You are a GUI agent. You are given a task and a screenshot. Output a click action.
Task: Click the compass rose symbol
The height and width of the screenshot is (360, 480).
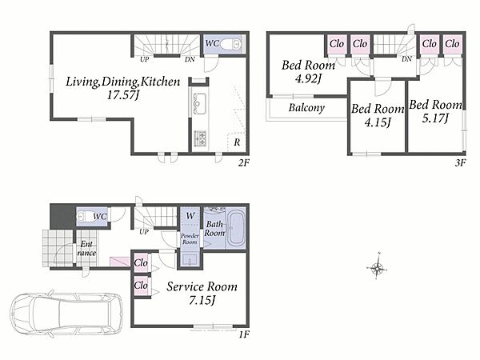tap(377, 268)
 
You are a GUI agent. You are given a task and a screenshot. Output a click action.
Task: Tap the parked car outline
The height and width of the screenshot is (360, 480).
tap(66, 313)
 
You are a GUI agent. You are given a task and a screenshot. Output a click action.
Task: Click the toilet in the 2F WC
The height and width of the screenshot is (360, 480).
tap(230, 45)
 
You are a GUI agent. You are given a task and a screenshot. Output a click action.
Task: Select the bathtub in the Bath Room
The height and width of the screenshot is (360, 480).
tap(236, 228)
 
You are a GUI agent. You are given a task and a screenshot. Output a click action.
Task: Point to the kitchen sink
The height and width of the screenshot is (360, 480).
tap(199, 103)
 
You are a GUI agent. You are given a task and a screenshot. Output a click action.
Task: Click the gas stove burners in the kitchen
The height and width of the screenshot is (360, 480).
tap(200, 138)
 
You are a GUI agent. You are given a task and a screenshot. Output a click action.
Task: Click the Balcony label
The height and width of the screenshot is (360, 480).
tap(306, 108)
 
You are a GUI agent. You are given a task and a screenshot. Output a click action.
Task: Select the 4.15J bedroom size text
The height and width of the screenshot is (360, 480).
tap(378, 122)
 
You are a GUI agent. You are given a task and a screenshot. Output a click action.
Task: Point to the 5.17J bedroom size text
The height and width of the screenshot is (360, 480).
tap(435, 118)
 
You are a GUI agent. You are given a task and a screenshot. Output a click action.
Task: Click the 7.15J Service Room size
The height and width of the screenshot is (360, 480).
tap(202, 300)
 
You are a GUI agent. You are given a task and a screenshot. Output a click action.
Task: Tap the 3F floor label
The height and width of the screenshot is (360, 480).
tap(460, 162)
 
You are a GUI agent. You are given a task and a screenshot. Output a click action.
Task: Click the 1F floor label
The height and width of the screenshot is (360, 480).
tap(244, 335)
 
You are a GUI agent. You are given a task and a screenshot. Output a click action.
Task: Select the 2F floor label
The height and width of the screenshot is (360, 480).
tap(244, 163)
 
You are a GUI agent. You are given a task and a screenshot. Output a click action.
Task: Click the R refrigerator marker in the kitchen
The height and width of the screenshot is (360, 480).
tap(237, 142)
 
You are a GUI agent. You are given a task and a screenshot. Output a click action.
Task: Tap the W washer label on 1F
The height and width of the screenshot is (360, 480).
tap(190, 216)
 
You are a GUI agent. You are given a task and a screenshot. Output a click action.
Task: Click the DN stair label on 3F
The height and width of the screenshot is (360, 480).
tap(406, 58)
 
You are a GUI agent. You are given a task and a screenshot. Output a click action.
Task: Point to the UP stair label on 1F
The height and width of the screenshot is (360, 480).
tap(144, 232)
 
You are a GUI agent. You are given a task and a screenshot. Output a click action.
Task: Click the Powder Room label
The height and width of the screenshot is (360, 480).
tap(190, 238)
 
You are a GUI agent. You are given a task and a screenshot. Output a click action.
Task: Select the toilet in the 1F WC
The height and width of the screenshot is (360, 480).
tap(85, 217)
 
